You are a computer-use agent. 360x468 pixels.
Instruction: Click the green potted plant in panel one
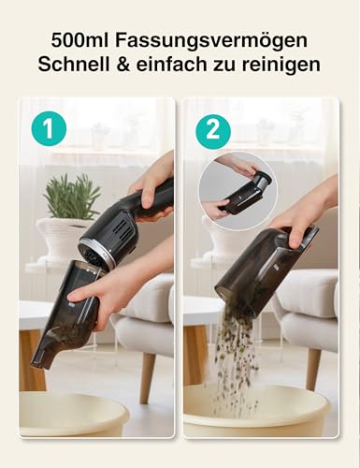71,197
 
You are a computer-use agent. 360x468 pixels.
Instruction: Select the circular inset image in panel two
237,191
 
